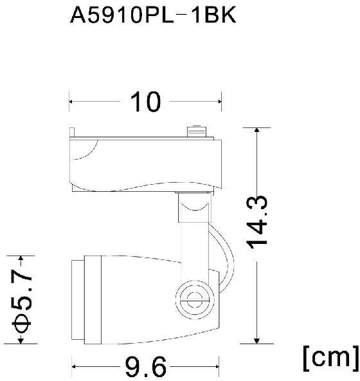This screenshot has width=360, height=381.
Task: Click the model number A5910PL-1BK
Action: [x=153, y=15]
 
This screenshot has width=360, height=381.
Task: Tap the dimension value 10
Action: [x=145, y=102]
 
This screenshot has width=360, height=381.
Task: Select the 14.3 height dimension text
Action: [x=257, y=223]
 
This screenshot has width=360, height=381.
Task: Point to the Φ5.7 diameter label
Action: [x=22, y=300]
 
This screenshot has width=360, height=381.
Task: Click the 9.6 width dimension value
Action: [x=145, y=367]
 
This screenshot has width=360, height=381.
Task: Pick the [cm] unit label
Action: [x=330, y=358]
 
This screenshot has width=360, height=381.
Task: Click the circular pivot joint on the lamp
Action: [x=195, y=299]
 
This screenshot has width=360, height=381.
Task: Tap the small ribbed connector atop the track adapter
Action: [x=197, y=131]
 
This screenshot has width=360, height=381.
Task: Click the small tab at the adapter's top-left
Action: [x=72, y=133]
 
